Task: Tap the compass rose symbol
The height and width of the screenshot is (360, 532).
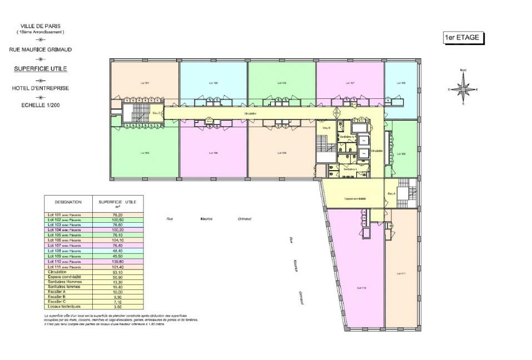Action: (x=463, y=89)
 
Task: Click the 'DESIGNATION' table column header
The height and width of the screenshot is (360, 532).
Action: (x=68, y=202)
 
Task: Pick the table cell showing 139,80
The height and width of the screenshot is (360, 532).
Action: (x=117, y=261)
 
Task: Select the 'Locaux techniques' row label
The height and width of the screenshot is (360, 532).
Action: (x=64, y=307)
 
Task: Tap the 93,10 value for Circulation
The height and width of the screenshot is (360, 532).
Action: (x=117, y=272)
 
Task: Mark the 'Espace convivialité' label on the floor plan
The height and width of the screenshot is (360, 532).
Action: (x=355, y=198)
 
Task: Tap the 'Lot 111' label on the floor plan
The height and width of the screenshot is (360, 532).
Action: (x=401, y=273)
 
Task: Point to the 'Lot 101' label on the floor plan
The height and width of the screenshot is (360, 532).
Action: (x=145, y=83)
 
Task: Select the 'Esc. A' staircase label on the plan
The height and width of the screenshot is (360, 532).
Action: (x=391, y=193)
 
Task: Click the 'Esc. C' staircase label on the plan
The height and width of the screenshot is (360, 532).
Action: (x=157, y=113)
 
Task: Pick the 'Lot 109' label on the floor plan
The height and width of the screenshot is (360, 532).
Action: (x=401, y=153)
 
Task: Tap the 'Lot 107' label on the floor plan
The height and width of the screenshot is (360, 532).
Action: (x=350, y=83)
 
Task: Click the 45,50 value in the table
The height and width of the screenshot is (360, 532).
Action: (x=117, y=256)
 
